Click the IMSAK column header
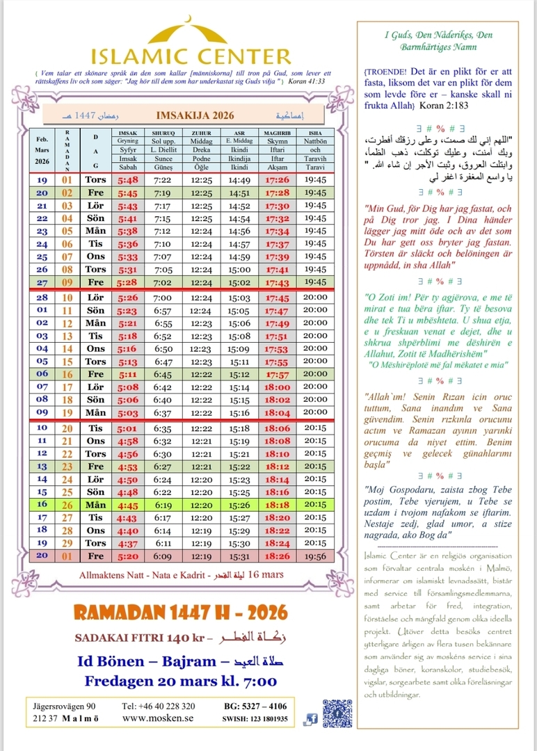(128, 132)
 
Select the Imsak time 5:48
(128, 179)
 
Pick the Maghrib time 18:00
(278, 386)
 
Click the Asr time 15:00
(239, 269)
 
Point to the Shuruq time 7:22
(163, 179)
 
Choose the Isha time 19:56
(316, 556)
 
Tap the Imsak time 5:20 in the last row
(128, 556)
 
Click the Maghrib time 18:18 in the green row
(278, 504)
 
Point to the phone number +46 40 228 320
(158, 706)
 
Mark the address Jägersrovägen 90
(65, 706)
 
